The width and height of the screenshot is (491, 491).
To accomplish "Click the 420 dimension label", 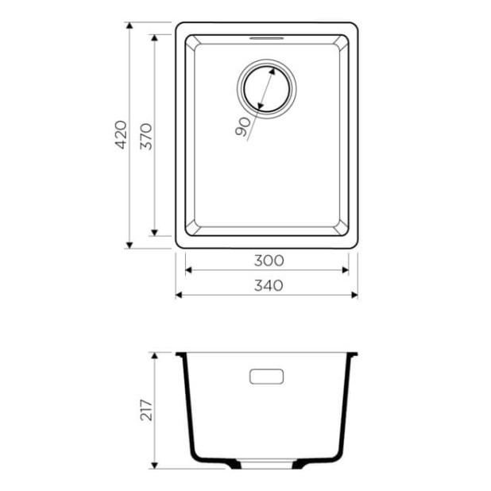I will pos(121,135).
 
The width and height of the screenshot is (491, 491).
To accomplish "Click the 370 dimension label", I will pos(145,135).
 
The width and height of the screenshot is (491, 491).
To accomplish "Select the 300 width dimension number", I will pos(269,260).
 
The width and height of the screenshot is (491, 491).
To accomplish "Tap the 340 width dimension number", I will pos(269,285).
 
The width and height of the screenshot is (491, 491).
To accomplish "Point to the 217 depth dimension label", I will pos(145,411).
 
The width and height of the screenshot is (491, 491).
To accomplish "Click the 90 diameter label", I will pos(243,125).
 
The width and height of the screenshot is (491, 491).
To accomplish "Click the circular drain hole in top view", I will pos(265,87).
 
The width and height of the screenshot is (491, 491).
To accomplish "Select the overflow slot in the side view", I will pos(267,376).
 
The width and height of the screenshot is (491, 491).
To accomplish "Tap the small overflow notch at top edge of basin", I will pos(266,37).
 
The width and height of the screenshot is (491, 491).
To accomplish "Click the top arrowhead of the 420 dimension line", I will pos(129,26).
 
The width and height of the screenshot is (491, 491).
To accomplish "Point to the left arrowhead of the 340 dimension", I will pos(179,295).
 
